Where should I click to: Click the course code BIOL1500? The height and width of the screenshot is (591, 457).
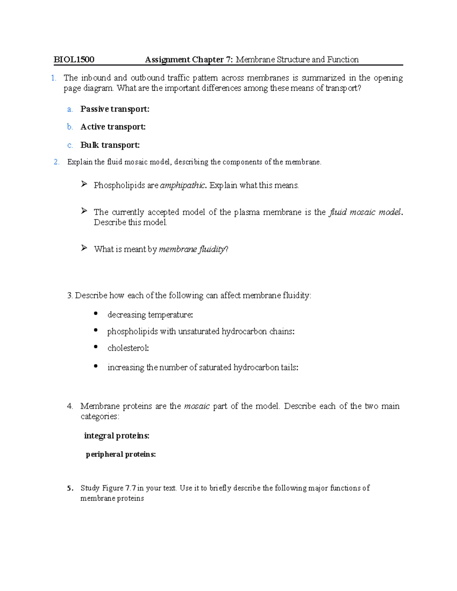74,59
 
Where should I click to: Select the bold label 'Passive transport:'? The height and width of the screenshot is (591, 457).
115,109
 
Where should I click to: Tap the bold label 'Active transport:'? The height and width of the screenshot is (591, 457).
113,127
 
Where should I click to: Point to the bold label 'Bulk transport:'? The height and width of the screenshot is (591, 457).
110,145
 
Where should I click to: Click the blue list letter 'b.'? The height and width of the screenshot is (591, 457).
70,127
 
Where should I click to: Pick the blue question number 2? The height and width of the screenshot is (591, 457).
57,162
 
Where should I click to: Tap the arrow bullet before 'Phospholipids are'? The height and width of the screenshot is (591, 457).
84,185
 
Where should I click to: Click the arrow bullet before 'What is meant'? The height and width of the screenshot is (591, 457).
84,248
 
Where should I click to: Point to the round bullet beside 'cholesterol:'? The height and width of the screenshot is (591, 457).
96,347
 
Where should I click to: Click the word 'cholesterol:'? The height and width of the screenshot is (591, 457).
128,348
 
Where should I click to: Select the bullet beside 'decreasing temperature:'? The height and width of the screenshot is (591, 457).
96,314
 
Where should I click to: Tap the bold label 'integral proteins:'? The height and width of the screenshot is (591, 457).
117,436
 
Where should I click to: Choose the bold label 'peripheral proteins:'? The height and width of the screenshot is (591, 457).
121,454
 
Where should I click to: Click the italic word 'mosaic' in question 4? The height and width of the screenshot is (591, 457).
197,406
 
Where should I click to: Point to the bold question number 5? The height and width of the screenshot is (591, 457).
69,488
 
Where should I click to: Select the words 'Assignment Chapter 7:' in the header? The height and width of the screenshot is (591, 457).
189,59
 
